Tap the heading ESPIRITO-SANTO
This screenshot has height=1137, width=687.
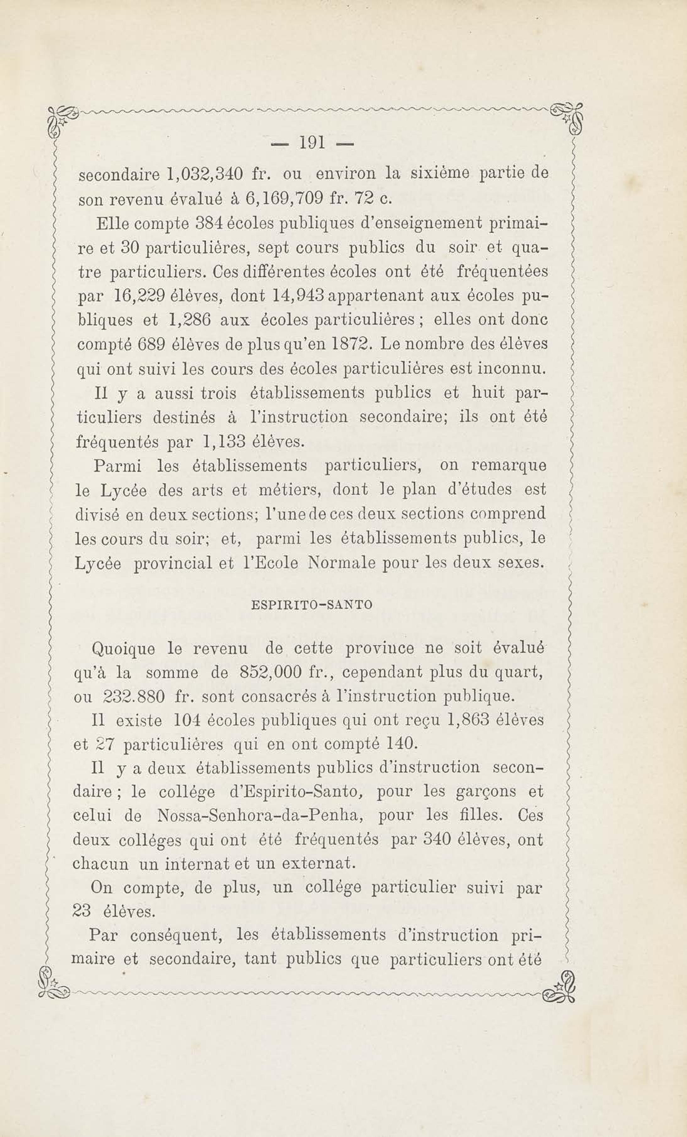[312, 605]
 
